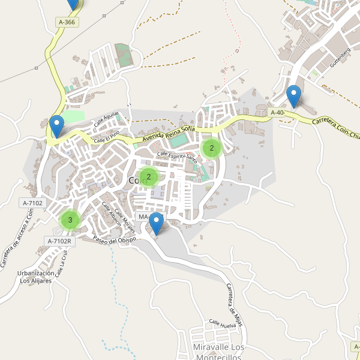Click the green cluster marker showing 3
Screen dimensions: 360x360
click(x=70, y=220)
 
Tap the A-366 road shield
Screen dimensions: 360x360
click(x=67, y=22)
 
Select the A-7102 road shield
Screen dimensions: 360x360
click(x=32, y=203)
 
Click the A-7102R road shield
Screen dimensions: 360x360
click(x=59, y=241)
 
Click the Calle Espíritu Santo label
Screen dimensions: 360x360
click(x=177, y=157)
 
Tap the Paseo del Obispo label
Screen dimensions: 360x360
click(x=116, y=239)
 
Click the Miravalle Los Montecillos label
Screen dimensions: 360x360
click(x=220, y=352)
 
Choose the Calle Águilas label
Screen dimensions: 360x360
click(x=106, y=119)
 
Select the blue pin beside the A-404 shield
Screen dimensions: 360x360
click(x=293, y=96)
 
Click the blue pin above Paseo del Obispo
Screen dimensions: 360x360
click(x=156, y=223)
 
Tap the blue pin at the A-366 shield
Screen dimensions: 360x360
click(x=73, y=4)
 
